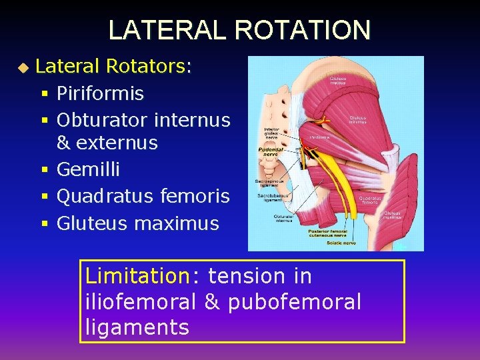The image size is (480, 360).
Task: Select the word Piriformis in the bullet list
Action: [x=100, y=93]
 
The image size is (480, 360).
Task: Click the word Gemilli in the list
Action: [x=88, y=169]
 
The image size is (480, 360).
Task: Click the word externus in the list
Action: [x=117, y=143]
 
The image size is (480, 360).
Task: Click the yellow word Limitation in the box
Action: [x=138, y=275]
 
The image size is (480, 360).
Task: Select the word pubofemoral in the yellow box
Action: [x=294, y=302]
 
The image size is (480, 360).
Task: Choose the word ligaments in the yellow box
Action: [x=137, y=327]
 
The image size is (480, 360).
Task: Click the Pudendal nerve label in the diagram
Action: [x=271, y=152]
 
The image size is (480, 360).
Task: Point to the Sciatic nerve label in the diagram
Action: [x=341, y=243]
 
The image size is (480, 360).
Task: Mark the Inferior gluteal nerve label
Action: [x=271, y=135]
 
